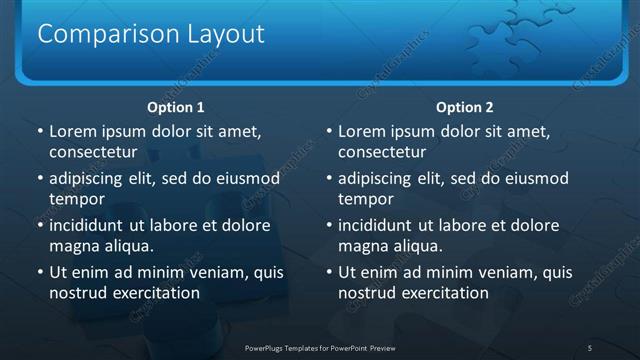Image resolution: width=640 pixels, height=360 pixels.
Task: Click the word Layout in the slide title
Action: point(226,34)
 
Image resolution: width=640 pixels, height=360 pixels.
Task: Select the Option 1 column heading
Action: point(176,107)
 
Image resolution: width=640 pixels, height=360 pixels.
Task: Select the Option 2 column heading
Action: point(465,107)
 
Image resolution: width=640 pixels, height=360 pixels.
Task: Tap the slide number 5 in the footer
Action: point(590,347)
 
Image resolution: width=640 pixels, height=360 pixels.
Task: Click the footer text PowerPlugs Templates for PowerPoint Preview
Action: point(319,347)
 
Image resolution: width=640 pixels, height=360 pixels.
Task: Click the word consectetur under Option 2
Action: point(382,152)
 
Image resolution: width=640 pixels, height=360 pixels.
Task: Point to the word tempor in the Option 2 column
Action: point(364,199)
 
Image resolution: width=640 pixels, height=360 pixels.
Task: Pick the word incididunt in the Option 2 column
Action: point(379,225)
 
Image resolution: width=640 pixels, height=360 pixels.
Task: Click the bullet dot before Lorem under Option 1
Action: point(39,132)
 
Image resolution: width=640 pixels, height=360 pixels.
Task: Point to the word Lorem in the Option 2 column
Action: point(364,131)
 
